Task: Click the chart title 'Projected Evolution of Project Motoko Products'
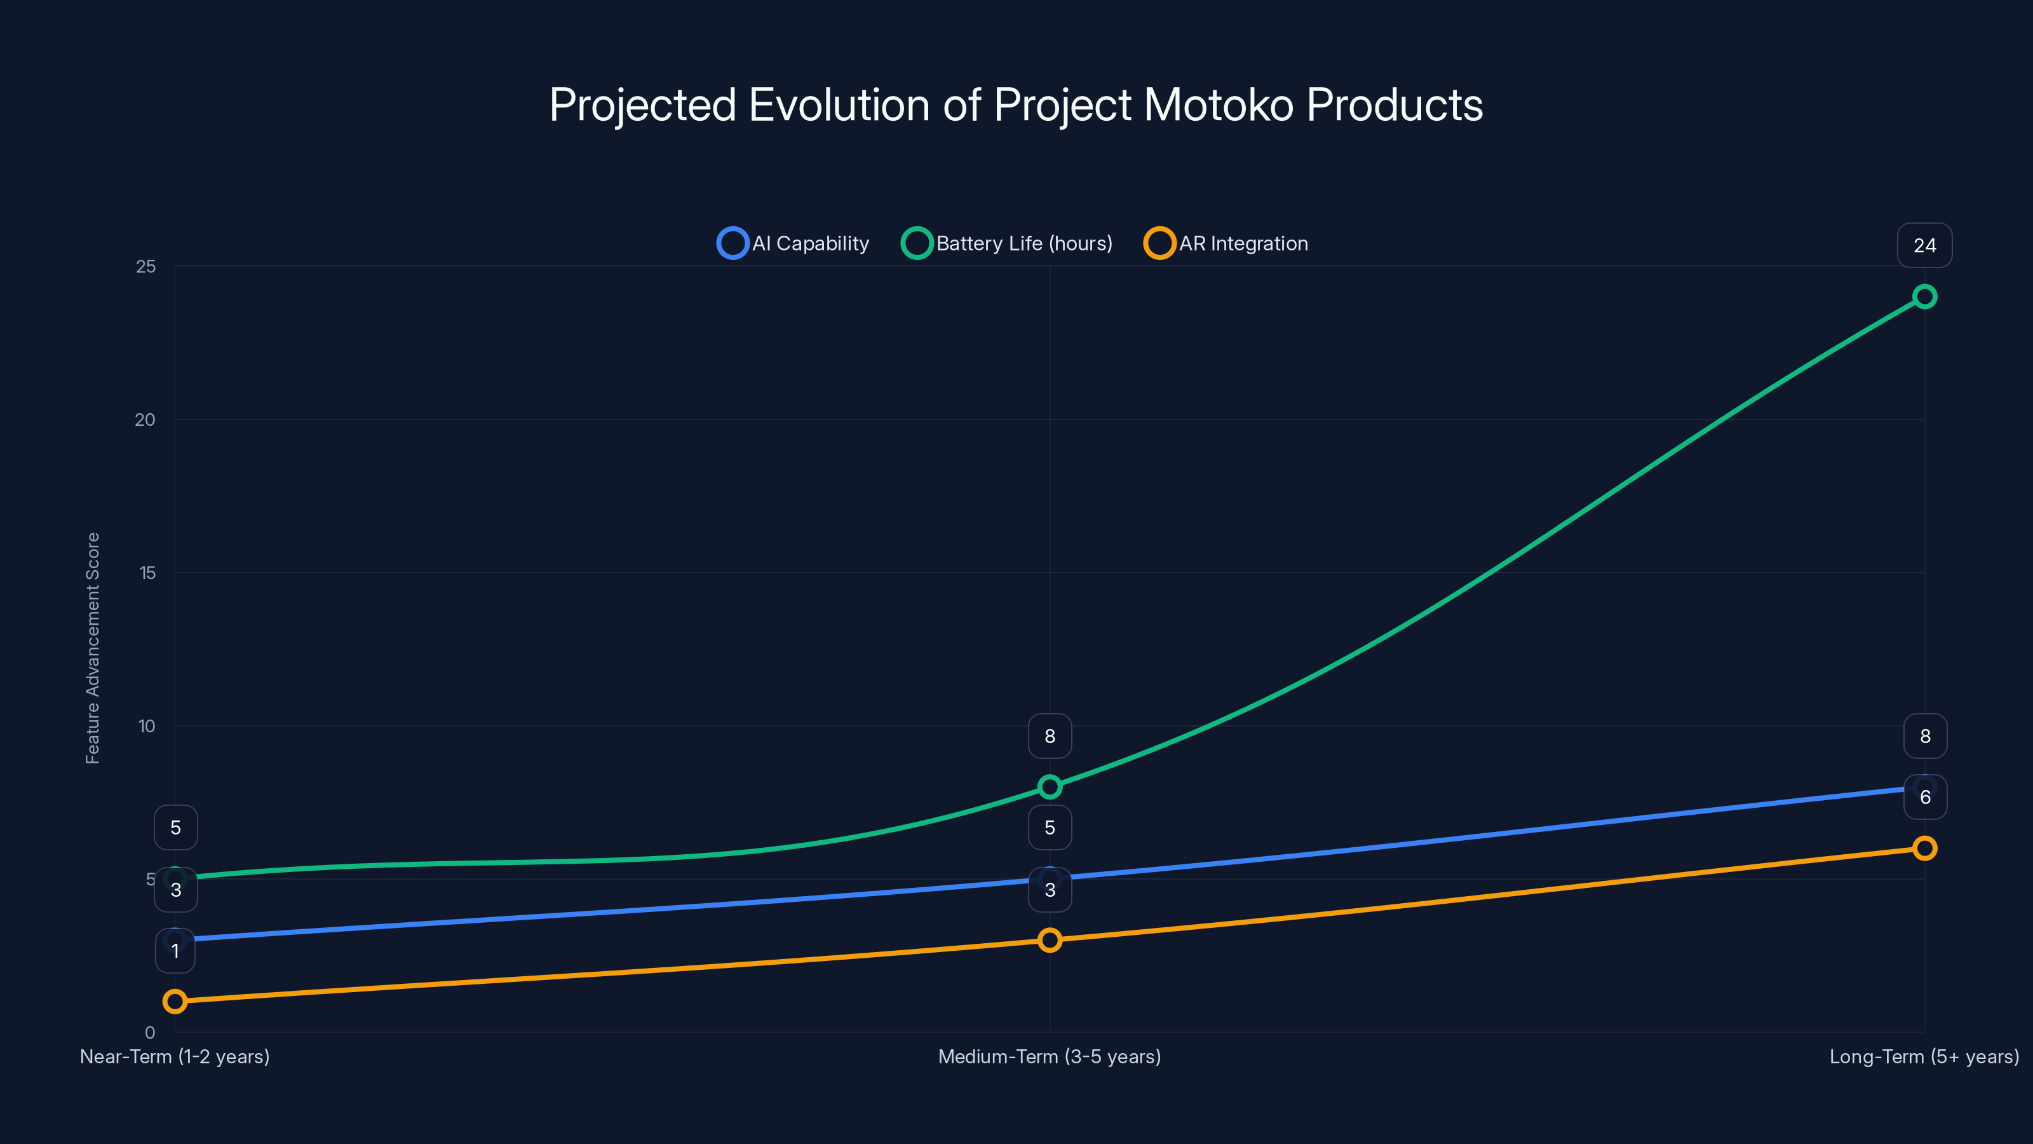point(1016,105)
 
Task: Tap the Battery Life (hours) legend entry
point(1007,243)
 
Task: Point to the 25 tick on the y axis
point(146,267)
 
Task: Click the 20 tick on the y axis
point(145,420)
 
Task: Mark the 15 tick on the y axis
point(147,573)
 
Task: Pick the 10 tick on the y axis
point(147,726)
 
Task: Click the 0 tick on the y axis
point(150,1033)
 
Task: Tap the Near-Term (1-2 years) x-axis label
point(175,1056)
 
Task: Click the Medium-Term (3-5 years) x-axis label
point(1049,1056)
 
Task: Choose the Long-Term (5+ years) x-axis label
point(1923,1056)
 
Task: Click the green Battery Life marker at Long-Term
point(1924,297)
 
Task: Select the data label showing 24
point(1924,245)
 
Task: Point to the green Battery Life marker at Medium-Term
point(1050,786)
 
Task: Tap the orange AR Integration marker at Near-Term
point(175,1001)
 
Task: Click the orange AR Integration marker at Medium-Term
point(1050,939)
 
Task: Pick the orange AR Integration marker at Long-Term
point(1924,848)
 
